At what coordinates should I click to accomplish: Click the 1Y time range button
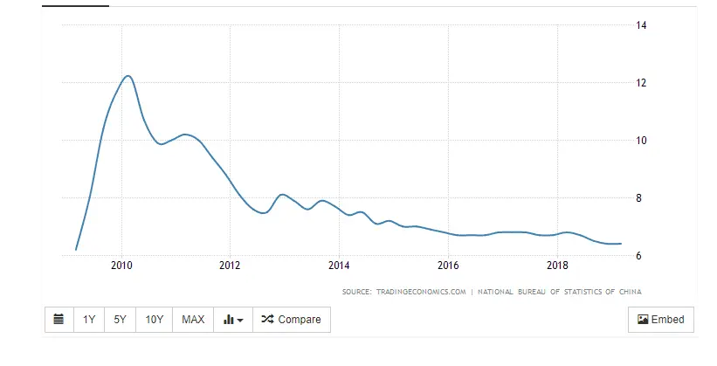tap(89, 320)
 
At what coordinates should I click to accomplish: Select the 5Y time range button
tap(121, 320)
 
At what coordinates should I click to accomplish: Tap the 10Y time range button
tap(155, 320)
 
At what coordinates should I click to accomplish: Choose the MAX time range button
tap(193, 320)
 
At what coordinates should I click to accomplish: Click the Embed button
tap(661, 320)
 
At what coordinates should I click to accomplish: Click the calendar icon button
tap(59, 320)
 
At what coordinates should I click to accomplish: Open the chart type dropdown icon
tap(232, 320)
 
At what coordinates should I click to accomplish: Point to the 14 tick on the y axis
tap(641, 25)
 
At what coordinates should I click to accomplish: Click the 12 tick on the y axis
tap(641, 83)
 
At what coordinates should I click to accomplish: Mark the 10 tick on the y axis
tap(641, 141)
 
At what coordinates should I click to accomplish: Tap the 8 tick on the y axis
tap(641, 198)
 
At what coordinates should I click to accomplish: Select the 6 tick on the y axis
tap(641, 256)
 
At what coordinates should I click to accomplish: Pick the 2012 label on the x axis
tap(230, 266)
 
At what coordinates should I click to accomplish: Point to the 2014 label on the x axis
tap(339, 266)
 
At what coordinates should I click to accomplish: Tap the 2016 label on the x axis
tap(448, 266)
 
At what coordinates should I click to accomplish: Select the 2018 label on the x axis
tap(557, 266)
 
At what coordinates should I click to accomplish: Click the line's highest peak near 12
tap(128, 76)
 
